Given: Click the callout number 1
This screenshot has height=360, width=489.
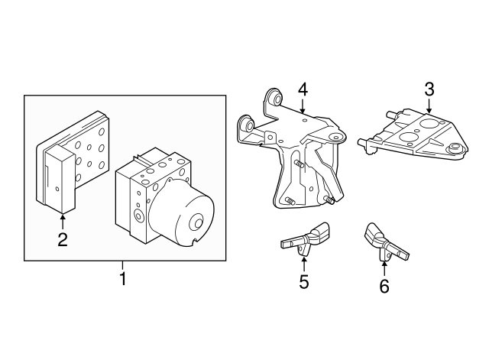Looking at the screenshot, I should point(122,280).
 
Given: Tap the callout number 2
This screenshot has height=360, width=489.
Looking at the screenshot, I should point(63,240).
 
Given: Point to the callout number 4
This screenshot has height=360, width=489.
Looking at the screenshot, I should point(303,89).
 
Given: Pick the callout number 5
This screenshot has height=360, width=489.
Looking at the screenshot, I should point(303,282).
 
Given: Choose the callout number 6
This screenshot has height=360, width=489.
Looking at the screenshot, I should point(384,286).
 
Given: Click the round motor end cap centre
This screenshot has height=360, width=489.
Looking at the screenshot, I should point(196,224).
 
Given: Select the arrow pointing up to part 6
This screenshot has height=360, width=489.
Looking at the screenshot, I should point(384,266).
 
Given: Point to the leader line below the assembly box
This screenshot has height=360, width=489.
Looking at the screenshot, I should point(122,265).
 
